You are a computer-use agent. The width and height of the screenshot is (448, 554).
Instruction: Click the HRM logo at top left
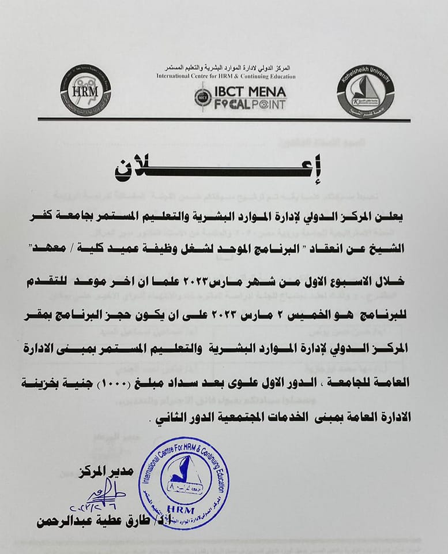pyautogui.click(x=85, y=90)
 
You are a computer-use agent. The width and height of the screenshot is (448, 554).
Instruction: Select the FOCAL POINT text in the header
pyautogui.click(x=249, y=105)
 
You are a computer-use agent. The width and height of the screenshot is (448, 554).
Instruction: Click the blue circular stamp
pyautogui.click(x=183, y=482)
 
